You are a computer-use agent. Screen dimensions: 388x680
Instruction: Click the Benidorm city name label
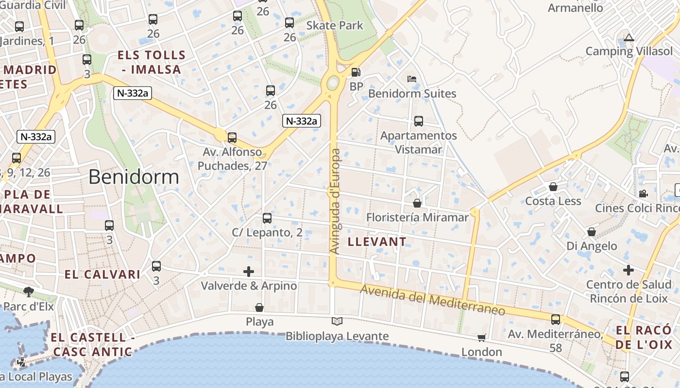pos(134,177)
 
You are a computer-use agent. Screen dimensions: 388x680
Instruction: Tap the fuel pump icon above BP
pos(356,72)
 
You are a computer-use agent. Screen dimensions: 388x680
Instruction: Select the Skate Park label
pos(335,25)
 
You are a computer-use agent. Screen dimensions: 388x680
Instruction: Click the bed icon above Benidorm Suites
pos(412,79)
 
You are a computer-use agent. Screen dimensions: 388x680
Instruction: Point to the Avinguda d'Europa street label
pos(335,201)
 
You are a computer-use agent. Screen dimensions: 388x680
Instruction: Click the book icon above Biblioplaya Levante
pos(337,321)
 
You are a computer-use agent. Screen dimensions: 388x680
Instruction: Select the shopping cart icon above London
pos(481,338)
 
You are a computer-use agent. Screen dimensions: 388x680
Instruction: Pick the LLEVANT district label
pos(377,242)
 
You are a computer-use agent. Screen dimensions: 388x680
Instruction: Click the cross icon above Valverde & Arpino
pos(249,271)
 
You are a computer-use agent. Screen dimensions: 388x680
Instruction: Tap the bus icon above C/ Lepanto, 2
pos(267,218)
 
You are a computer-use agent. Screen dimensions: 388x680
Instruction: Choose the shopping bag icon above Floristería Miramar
pos(417,203)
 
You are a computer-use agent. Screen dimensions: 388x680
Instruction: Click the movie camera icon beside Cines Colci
pos(643,194)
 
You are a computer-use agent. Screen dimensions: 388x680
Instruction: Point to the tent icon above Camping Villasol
pos(629,37)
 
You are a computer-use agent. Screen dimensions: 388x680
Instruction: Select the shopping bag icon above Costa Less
pos(553,186)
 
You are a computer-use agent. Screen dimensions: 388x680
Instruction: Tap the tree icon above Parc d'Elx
pos(29,291)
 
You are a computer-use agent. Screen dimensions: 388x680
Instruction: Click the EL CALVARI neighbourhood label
pos(102,275)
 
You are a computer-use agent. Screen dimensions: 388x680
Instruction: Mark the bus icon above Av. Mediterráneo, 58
pos(555,320)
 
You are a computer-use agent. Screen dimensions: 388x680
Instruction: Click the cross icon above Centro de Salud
pos(629,270)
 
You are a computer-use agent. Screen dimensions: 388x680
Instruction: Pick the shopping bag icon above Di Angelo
pos(591,232)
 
